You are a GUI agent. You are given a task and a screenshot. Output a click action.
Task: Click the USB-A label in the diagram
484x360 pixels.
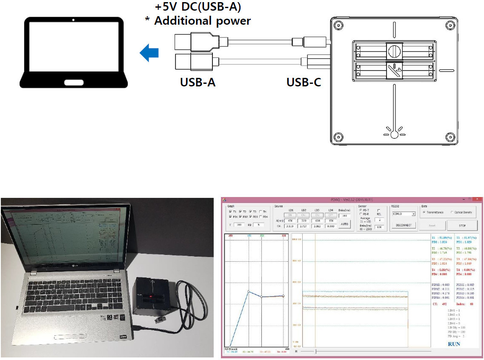coord(198,82)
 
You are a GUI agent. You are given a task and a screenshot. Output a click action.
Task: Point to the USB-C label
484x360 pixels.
coord(304,82)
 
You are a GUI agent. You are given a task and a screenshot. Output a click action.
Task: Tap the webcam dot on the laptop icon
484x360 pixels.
coord(74,20)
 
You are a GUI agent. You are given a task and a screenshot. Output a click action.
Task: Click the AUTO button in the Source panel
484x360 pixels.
coord(345,224)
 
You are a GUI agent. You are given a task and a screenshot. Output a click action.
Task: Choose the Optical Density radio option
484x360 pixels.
coord(452,212)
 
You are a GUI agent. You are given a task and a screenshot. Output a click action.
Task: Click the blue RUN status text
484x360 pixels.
coord(454,344)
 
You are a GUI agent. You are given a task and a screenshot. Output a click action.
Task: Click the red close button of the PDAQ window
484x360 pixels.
coord(475,199)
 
